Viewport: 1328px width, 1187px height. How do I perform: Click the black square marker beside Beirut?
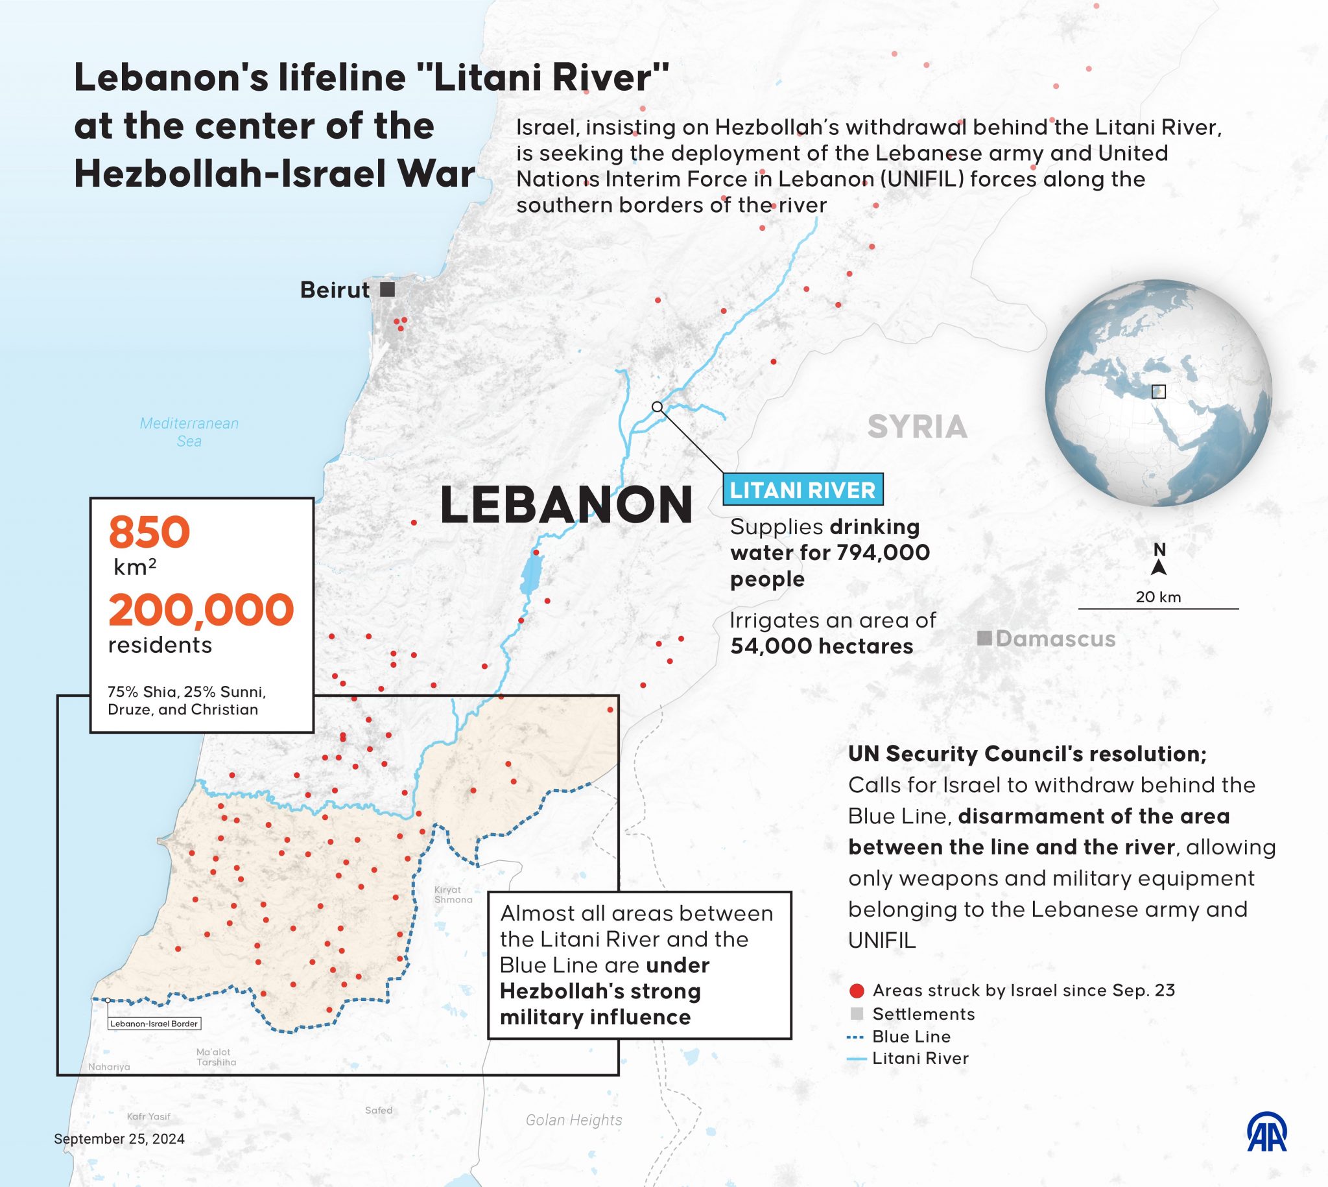pos(388,290)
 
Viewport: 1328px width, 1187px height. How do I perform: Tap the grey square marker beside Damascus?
pos(984,638)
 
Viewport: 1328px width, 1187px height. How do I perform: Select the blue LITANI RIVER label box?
pos(802,490)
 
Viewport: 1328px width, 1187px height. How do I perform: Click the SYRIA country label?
pos(917,427)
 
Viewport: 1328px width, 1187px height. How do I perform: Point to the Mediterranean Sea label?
pos(189,432)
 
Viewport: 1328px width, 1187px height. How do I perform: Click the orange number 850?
pos(149,533)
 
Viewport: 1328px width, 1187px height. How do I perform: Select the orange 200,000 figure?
pos(201,610)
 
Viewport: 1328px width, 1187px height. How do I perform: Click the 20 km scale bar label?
pos(1157,597)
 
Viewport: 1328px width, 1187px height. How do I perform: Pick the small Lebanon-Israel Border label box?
pos(154,1024)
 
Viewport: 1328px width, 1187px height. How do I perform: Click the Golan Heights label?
pos(574,1120)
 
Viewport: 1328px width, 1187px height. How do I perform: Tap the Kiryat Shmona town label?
pos(453,894)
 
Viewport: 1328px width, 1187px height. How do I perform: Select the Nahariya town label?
pos(109,1067)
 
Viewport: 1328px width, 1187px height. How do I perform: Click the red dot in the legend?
pos(857,991)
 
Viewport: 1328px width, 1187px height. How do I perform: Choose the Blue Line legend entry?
pos(911,1037)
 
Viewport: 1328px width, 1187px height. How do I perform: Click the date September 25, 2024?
pos(119,1139)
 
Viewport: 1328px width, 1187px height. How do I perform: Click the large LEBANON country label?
pos(566,506)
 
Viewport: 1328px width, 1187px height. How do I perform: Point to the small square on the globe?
pos(1158,392)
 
